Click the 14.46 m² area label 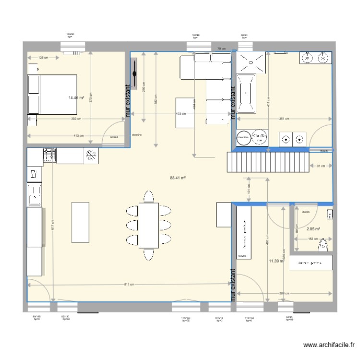click(x=76, y=98)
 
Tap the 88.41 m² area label click(x=178, y=177)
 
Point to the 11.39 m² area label click(x=276, y=261)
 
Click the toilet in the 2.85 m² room click(x=323, y=245)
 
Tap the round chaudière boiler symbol click(x=243, y=137)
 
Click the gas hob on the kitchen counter click(x=49, y=155)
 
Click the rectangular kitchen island click(x=80, y=224)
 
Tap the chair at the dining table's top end click(x=149, y=196)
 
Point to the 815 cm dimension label click(x=129, y=285)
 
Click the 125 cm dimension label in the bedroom click(x=43, y=58)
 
